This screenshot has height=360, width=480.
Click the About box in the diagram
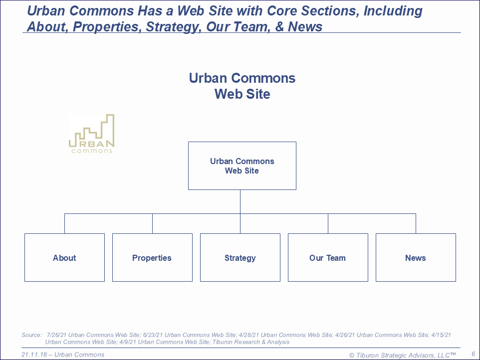tap(64, 258)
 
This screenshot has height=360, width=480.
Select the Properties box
tap(153, 258)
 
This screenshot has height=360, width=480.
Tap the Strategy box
tap(240, 258)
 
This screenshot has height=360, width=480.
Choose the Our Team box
tap(328, 258)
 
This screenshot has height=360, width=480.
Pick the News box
tap(416, 258)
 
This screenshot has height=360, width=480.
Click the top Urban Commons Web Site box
tap(242, 166)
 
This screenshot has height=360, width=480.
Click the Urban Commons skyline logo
tap(91, 134)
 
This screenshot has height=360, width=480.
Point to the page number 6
tap(474, 354)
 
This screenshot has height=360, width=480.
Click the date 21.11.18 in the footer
tap(34, 355)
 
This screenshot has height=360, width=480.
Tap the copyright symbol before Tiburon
tap(352, 356)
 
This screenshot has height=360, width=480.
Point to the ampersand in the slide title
tap(279, 26)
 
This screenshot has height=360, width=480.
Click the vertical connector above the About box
tap(64, 223)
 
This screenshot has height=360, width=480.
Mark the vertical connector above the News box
tap(416, 223)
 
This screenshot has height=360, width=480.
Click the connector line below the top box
tap(240, 201)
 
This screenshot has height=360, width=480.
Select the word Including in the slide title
tap(393, 11)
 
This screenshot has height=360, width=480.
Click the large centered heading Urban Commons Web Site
tap(242, 86)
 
